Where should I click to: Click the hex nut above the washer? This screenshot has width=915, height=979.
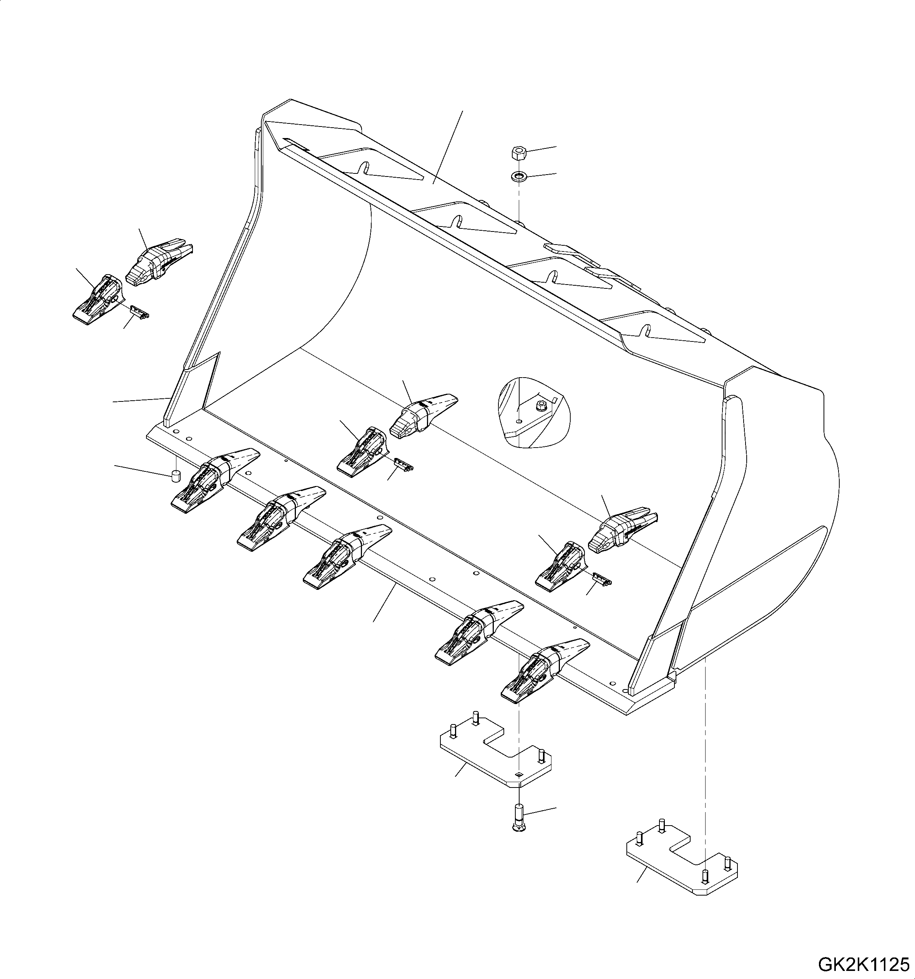(x=517, y=153)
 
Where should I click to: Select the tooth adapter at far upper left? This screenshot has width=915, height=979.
(x=98, y=300)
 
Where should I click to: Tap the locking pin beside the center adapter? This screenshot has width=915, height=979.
(x=404, y=464)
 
